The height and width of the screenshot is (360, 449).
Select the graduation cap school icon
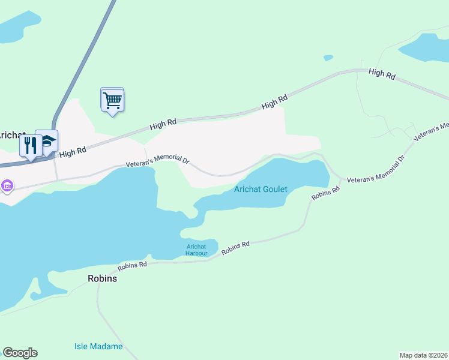pos(47,142)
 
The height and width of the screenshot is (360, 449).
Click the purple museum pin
pos(7,186)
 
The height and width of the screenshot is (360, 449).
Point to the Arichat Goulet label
pos(261,190)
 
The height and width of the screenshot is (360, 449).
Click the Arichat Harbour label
pos(196,250)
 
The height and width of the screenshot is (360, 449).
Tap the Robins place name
pos(102,278)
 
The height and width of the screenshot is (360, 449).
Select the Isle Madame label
pos(98,346)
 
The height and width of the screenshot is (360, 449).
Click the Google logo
pos(20,353)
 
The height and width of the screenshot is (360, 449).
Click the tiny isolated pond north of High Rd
pos(328,58)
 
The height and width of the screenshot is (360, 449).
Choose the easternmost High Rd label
pos(382,74)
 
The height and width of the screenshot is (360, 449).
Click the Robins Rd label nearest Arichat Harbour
pos(235,248)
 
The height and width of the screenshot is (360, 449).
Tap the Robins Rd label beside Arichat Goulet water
pos(326,193)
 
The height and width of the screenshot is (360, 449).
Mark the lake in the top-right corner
pos(427,47)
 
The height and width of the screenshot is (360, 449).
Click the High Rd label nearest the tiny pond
pos(274,102)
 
